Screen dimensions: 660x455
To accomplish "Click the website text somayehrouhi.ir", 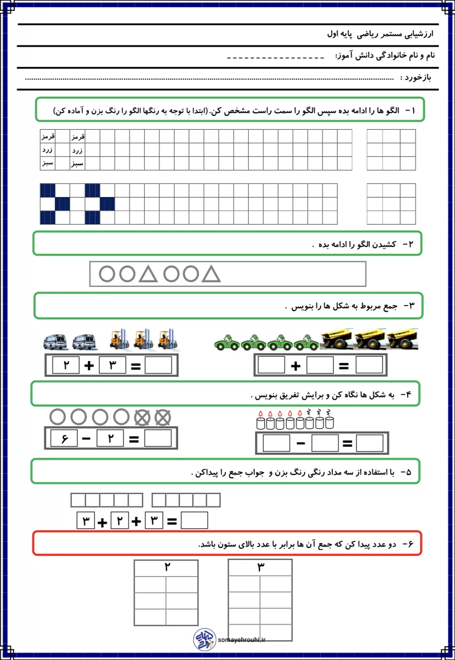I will [x=241, y=640].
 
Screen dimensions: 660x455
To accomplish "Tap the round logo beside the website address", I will [x=204, y=639].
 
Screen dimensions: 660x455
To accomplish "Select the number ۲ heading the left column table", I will [x=167, y=567].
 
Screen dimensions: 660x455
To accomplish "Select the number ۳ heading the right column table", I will [x=260, y=567].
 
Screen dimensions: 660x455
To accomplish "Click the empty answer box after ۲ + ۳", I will [x=158, y=365].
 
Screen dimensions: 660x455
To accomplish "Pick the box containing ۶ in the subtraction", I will [x=64, y=439].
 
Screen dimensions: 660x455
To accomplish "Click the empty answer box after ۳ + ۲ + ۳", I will [x=194, y=520].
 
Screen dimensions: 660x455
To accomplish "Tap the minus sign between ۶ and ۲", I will [x=86, y=439].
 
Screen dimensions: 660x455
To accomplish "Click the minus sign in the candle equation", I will [x=301, y=443].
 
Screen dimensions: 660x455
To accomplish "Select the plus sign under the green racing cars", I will [x=296, y=365].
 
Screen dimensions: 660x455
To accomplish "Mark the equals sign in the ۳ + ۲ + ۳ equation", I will [x=172, y=521].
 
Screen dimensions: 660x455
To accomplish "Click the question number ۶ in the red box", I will [x=408, y=544].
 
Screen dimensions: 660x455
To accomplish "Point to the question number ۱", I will [x=411, y=110].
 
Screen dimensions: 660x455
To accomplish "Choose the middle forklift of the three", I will [x=143, y=340].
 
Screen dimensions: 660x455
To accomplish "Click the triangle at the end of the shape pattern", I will [x=211, y=274].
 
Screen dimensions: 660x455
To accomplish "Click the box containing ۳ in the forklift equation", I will [x=112, y=365].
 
